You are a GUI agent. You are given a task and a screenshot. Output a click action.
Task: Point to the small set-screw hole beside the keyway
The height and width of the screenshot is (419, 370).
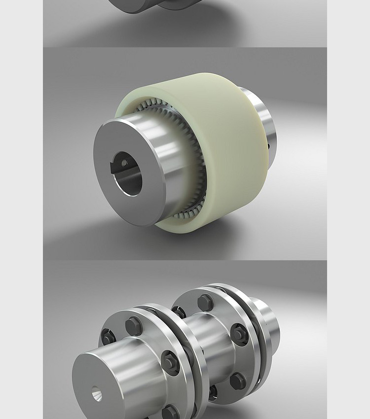pyautogui.click(x=124, y=163)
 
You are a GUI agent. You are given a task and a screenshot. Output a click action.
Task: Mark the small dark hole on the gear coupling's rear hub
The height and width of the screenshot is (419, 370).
pyautogui.click(x=269, y=146)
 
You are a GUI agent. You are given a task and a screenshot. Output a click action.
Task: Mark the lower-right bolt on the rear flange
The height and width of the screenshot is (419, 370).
pyautogui.click(x=238, y=381)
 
